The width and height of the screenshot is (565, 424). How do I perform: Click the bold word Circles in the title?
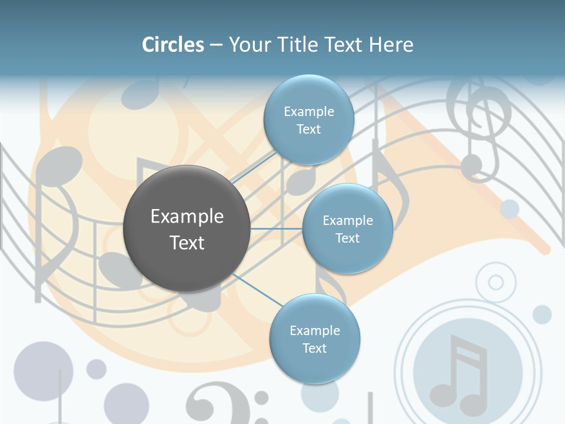173,45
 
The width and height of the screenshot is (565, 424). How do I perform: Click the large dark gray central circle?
187,228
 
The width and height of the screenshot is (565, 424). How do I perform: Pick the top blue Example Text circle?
308,120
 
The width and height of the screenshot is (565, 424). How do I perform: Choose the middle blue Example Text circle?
347,228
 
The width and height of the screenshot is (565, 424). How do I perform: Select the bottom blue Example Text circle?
314,339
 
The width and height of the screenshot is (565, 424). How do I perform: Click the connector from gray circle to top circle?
254,166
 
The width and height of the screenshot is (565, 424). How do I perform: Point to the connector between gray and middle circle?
276,228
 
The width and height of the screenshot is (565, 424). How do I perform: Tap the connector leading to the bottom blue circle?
256,290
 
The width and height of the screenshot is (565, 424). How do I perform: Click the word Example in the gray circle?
187,217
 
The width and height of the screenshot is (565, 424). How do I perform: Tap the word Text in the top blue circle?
308,129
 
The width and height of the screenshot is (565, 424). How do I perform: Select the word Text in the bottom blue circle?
314,348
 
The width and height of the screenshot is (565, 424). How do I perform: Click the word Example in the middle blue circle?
347,220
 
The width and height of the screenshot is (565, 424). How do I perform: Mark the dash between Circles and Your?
216,45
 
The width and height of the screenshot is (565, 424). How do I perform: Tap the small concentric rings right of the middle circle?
496,283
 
